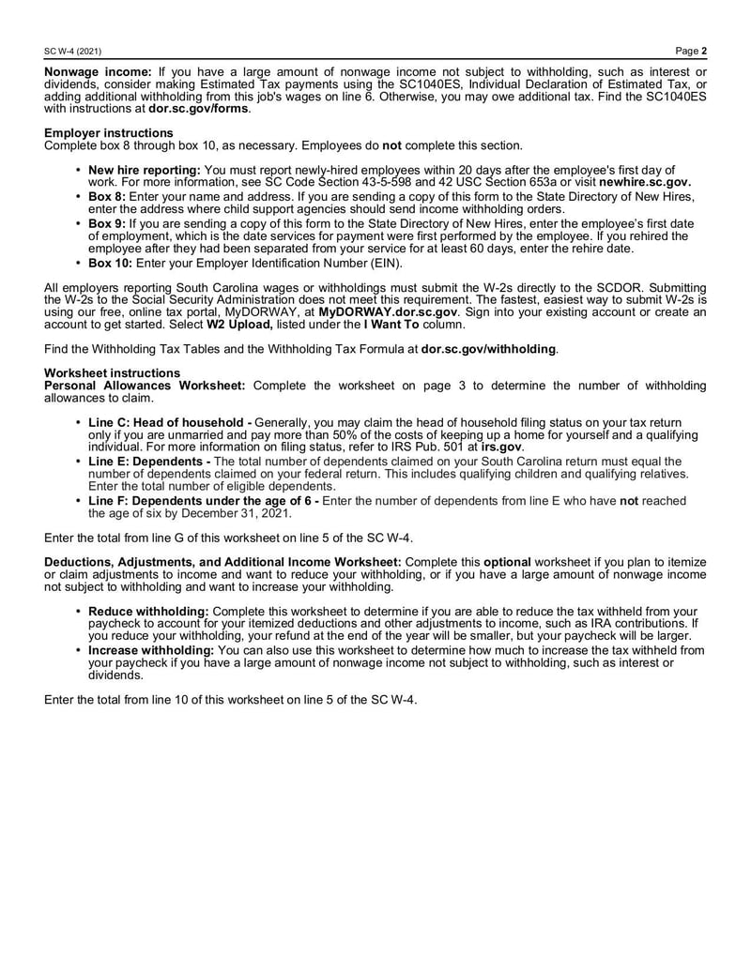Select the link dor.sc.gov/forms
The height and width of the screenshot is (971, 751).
199,109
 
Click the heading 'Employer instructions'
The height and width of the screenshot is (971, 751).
109,133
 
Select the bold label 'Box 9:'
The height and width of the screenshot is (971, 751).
108,224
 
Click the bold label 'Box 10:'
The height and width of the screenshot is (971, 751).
111,264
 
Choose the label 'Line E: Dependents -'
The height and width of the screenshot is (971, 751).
148,462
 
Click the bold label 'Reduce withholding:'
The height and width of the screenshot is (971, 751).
148,611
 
